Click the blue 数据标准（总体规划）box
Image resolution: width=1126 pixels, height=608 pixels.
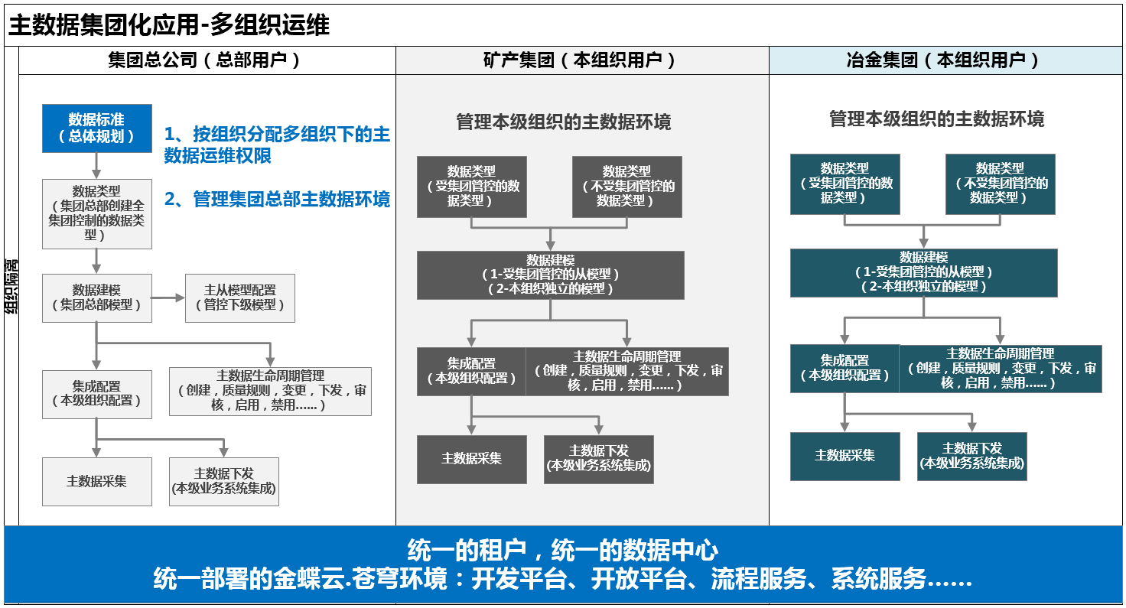[x=97, y=128]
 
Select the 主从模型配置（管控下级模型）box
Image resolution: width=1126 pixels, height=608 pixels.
[x=239, y=298]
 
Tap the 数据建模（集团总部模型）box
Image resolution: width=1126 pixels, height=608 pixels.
[x=97, y=298]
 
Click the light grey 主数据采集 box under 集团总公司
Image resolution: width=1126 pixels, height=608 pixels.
[x=97, y=481]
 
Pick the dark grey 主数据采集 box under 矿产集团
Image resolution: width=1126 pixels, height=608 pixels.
[x=471, y=460]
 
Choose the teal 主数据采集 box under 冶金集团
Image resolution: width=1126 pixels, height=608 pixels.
[x=845, y=457]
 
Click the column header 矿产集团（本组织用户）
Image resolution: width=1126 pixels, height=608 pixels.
[x=579, y=60]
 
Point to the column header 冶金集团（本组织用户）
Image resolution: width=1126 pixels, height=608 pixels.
[x=942, y=60]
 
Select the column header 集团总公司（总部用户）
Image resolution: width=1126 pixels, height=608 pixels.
[x=203, y=60]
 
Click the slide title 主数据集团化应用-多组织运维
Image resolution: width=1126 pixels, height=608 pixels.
[x=169, y=24]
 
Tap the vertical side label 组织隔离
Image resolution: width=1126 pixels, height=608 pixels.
[x=11, y=287]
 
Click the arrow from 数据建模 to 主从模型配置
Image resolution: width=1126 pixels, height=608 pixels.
[x=168, y=298]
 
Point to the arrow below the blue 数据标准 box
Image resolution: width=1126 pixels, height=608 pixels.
[x=96, y=166]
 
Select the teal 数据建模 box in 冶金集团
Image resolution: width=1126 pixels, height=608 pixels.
[x=923, y=273]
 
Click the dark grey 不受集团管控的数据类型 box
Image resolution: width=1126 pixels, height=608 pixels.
[x=626, y=187]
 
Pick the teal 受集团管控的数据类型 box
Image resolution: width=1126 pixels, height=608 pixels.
[x=845, y=184]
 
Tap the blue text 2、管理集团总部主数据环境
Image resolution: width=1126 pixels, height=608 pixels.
[x=277, y=199]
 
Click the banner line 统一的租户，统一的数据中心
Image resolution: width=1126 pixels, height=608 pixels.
[x=562, y=550]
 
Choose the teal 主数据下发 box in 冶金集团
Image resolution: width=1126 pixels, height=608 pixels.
[x=971, y=457]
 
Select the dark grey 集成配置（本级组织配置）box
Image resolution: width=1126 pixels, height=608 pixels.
[x=471, y=372]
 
